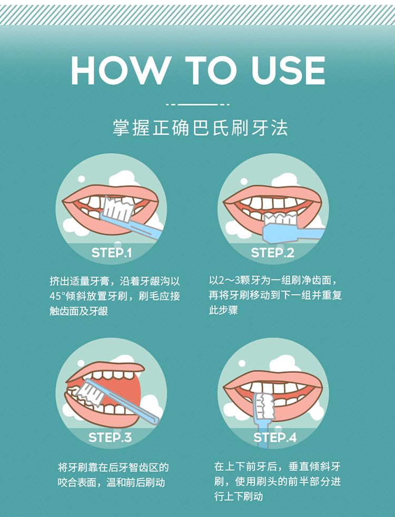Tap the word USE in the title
click(288, 70)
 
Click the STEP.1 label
click(111, 253)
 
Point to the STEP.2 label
click(272, 253)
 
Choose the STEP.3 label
click(110, 438)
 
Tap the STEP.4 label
click(275, 438)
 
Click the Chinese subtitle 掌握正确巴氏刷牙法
click(200, 128)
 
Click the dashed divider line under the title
click(197, 105)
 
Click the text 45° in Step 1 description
click(57, 296)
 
